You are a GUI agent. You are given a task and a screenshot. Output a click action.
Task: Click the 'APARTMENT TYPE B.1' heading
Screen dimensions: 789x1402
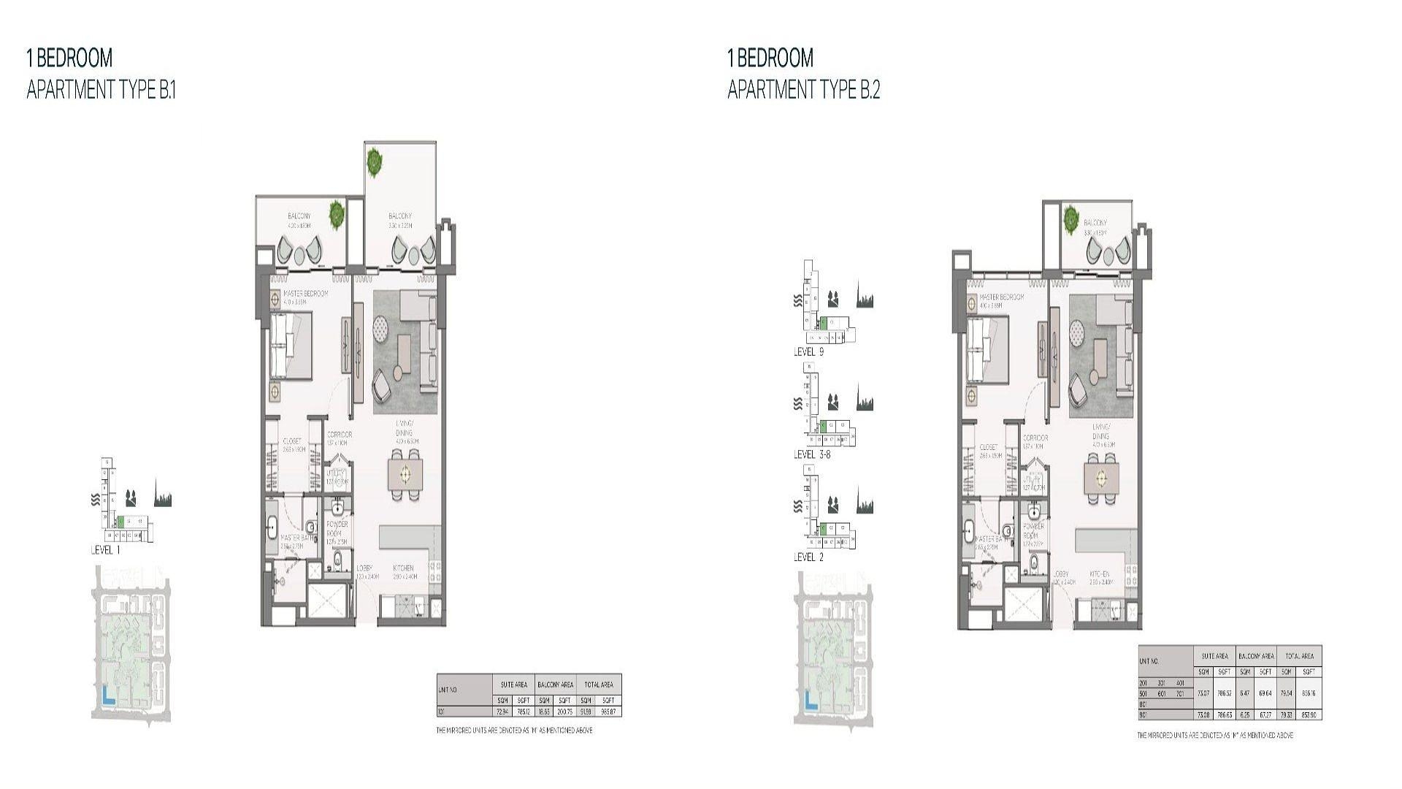[101, 90]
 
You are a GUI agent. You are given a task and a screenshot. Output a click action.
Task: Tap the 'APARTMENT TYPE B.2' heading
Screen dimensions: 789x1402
[803, 90]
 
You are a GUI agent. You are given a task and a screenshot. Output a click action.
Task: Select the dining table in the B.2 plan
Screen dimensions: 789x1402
[1101, 479]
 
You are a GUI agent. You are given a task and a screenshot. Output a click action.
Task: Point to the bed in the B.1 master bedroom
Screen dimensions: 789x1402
[291, 346]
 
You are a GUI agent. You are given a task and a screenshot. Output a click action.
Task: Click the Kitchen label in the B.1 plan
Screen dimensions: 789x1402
[404, 568]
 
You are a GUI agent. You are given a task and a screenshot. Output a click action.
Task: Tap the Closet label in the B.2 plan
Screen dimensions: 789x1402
[989, 447]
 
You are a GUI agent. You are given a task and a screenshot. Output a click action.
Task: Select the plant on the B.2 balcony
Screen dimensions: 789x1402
[1072, 217]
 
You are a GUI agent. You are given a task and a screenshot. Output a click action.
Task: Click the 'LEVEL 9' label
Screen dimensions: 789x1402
[808, 352]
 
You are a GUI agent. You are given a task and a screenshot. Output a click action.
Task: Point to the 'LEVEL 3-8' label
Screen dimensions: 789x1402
[812, 454]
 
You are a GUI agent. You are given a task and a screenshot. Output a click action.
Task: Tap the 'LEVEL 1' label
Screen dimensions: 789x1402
[105, 550]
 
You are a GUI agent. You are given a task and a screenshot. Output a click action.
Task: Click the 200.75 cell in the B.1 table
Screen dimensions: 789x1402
[564, 711]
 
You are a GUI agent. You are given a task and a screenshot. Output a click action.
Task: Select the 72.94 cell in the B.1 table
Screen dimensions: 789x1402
[502, 711]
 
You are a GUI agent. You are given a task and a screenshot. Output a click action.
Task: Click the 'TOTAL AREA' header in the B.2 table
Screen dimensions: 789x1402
[1300, 656]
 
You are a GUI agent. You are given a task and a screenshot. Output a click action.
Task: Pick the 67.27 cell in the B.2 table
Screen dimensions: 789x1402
[1265, 714]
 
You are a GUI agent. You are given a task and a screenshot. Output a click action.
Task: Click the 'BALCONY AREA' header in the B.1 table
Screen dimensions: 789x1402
[555, 685]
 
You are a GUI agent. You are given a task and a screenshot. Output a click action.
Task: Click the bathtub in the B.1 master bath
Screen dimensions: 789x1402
[272, 527]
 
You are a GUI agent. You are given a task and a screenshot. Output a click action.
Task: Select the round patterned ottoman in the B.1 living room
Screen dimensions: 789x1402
[383, 328]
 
